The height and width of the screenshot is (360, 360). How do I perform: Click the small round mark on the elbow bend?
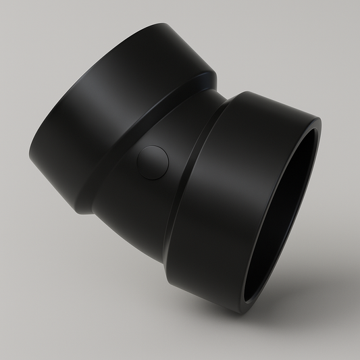click(152, 163)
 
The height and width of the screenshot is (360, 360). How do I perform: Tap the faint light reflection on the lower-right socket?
click(223, 155)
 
